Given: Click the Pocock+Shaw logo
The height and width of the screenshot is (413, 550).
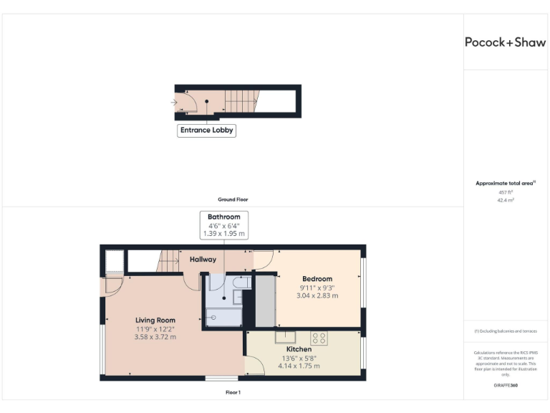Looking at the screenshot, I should point(506,42).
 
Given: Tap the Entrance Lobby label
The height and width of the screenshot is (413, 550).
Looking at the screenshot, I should point(206,130).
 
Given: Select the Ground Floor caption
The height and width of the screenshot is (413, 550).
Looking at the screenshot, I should point(233,199).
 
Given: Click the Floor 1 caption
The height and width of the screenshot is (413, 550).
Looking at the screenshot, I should point(233,392).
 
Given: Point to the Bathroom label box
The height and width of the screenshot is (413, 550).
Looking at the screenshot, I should point(224,225).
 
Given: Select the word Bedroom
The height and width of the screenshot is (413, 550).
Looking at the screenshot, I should point(317,279).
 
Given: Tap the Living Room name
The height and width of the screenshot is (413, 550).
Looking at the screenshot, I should point(155,321).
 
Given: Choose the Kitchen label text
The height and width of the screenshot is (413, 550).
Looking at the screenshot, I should point(299,349).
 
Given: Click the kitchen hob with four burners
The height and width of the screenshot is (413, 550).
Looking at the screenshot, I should point(319,338).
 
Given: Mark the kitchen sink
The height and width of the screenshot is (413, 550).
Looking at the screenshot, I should point(286,336).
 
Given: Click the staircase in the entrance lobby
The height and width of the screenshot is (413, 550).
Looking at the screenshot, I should point(241,101).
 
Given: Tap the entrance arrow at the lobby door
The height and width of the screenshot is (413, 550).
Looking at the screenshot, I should point(174,103).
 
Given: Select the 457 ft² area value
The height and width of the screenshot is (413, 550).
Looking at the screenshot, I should point(505,192).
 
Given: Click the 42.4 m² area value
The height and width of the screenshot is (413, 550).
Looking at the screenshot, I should point(505,200).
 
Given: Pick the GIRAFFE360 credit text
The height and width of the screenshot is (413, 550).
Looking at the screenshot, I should point(505,386).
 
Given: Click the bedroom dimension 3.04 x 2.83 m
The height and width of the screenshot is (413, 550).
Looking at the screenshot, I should point(317,295).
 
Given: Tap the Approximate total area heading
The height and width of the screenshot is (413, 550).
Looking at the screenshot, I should point(504,184).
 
